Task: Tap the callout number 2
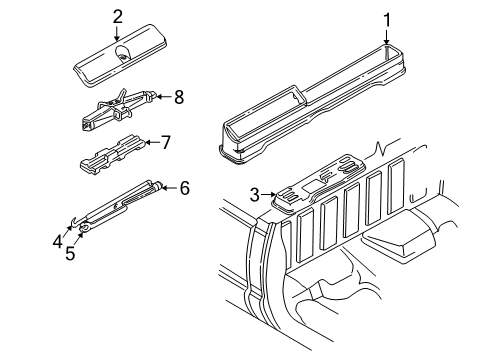pos(118,16)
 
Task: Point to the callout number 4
pos(59,239)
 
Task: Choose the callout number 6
pos(183,187)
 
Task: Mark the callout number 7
pos(166,142)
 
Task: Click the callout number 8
pos(179,97)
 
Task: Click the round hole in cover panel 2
pos(121,56)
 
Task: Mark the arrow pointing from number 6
pos(169,187)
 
